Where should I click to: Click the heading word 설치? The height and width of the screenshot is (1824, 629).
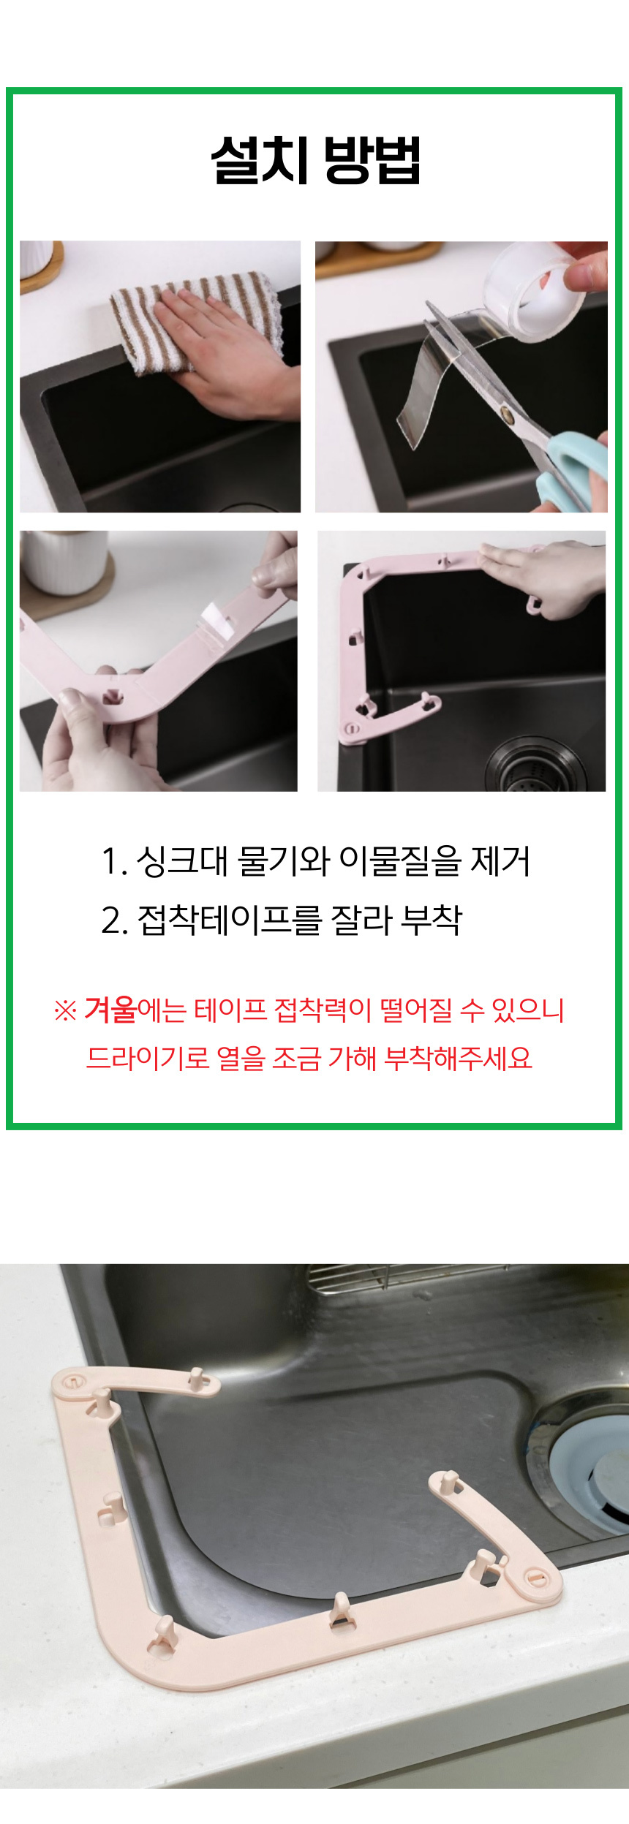coord(260,159)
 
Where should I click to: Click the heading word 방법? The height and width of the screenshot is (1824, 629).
coord(372,159)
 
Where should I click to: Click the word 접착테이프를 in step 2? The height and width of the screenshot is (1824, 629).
coord(229,919)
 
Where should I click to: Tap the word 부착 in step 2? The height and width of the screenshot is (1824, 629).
coord(432,919)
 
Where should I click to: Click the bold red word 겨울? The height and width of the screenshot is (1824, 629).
coord(110,1009)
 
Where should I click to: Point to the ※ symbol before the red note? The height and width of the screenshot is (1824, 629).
coord(65,1011)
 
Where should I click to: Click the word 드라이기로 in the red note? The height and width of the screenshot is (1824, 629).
coord(148,1058)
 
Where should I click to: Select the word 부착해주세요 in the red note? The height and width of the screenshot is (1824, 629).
coord(458,1058)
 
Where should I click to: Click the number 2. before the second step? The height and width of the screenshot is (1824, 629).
coord(115,920)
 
